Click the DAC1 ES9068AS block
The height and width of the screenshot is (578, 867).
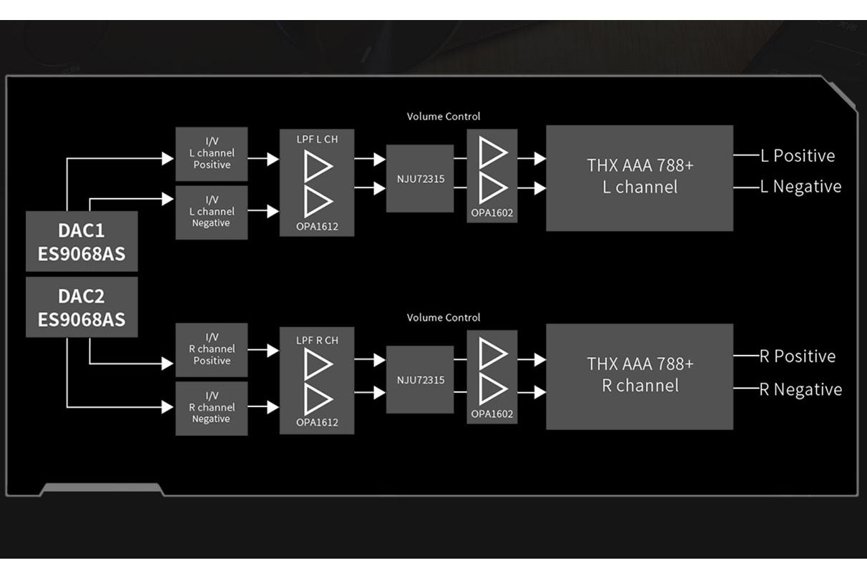tap(82, 241)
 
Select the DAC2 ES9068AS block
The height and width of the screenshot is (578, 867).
tap(82, 308)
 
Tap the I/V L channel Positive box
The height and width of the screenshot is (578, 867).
tap(212, 154)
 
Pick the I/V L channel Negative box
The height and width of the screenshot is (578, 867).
tap(212, 212)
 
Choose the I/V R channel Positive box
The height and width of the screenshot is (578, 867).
tap(212, 350)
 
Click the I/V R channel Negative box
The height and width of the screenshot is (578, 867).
tap(212, 408)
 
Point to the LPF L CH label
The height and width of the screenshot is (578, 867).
tap(316, 139)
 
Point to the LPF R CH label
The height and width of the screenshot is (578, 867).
tap(316, 341)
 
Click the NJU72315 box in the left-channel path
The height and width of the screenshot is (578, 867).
tap(420, 178)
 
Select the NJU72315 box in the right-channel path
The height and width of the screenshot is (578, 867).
tap(420, 379)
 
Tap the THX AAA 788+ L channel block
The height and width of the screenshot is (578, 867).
tap(640, 177)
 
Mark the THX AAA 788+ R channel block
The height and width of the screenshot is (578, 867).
tap(640, 376)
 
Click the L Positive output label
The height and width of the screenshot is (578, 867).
tap(797, 156)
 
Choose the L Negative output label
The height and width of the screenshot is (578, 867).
tap(800, 187)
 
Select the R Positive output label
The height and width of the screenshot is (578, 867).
tap(797, 356)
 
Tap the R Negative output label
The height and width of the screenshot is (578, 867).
tap(800, 390)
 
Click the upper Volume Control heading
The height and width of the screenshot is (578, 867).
tap(444, 116)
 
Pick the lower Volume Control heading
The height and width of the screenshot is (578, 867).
tap(444, 318)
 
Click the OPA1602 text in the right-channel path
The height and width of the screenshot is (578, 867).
tap(492, 414)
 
